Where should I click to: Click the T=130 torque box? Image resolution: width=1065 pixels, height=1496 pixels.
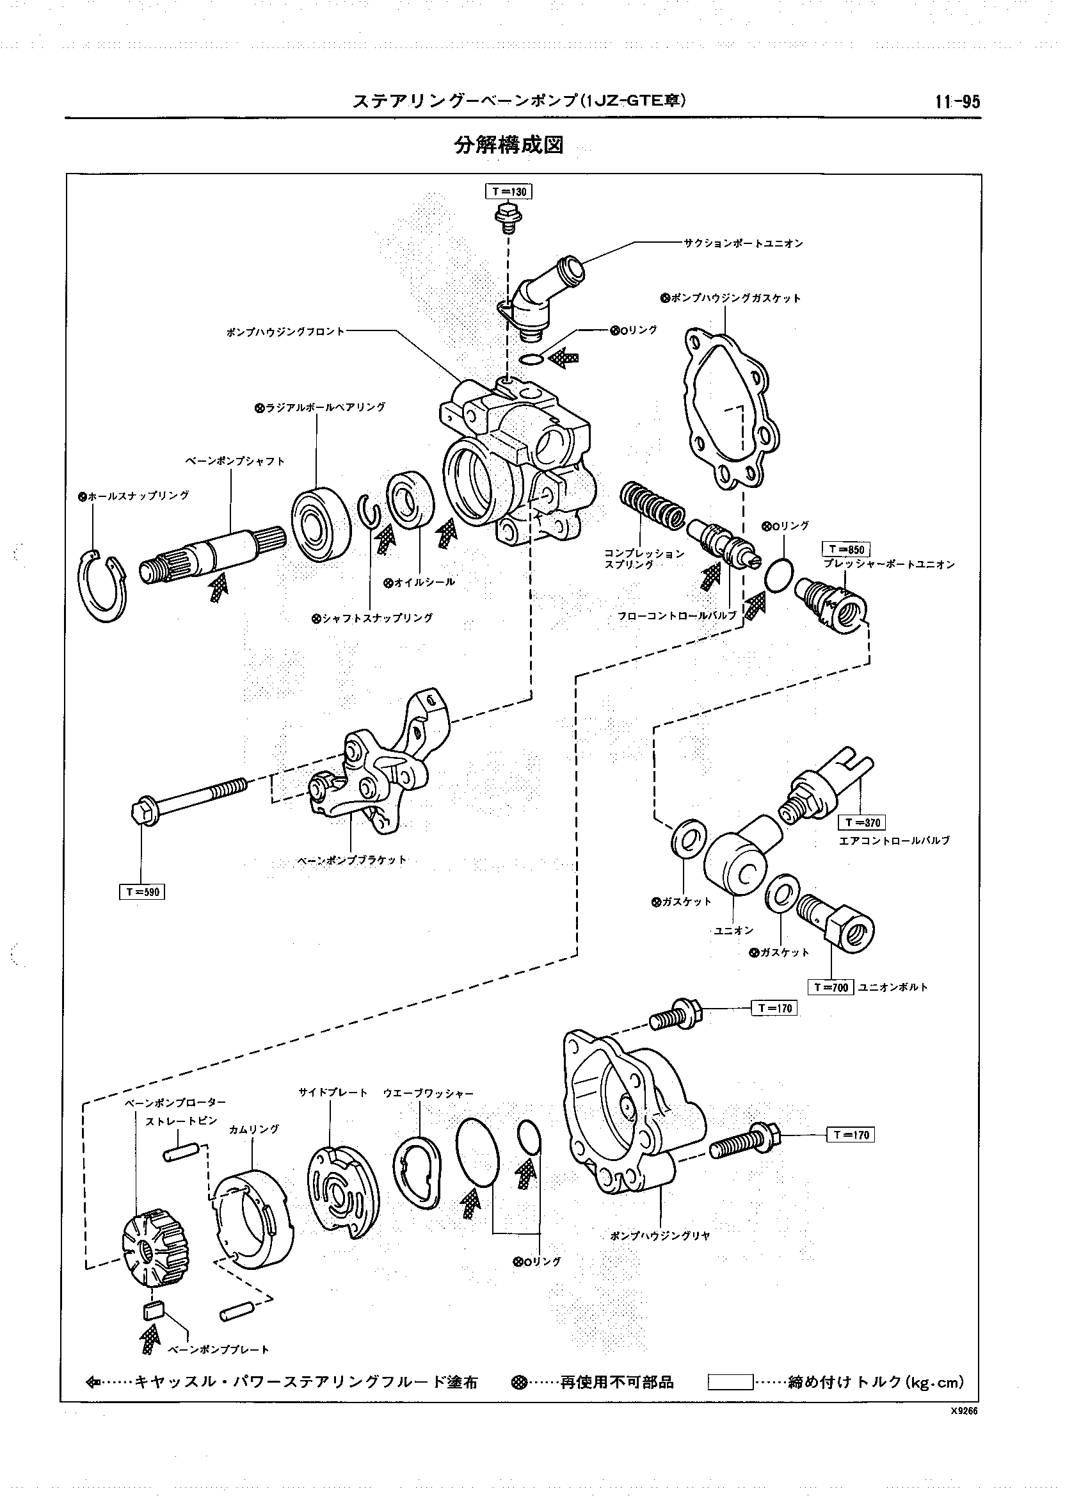pyautogui.click(x=508, y=191)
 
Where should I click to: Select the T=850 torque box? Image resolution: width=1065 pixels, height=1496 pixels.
pyautogui.click(x=846, y=549)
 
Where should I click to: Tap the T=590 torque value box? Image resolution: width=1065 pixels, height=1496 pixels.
pyautogui.click(x=141, y=891)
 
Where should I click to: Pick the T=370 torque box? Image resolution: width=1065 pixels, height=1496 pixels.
pyautogui.click(x=861, y=822)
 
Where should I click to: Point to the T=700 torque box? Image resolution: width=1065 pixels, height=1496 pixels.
pyautogui.click(x=831, y=988)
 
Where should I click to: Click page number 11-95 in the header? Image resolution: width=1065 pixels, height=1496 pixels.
pyautogui.click(x=957, y=102)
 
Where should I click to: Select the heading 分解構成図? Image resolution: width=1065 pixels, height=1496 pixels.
pyautogui.click(x=509, y=145)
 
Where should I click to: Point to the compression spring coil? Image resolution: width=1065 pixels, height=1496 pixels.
pyautogui.click(x=652, y=508)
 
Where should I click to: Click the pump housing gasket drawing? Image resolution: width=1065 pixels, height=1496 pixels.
pyautogui.click(x=730, y=409)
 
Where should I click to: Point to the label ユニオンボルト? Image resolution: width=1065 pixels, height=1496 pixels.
pyautogui.click(x=893, y=988)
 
